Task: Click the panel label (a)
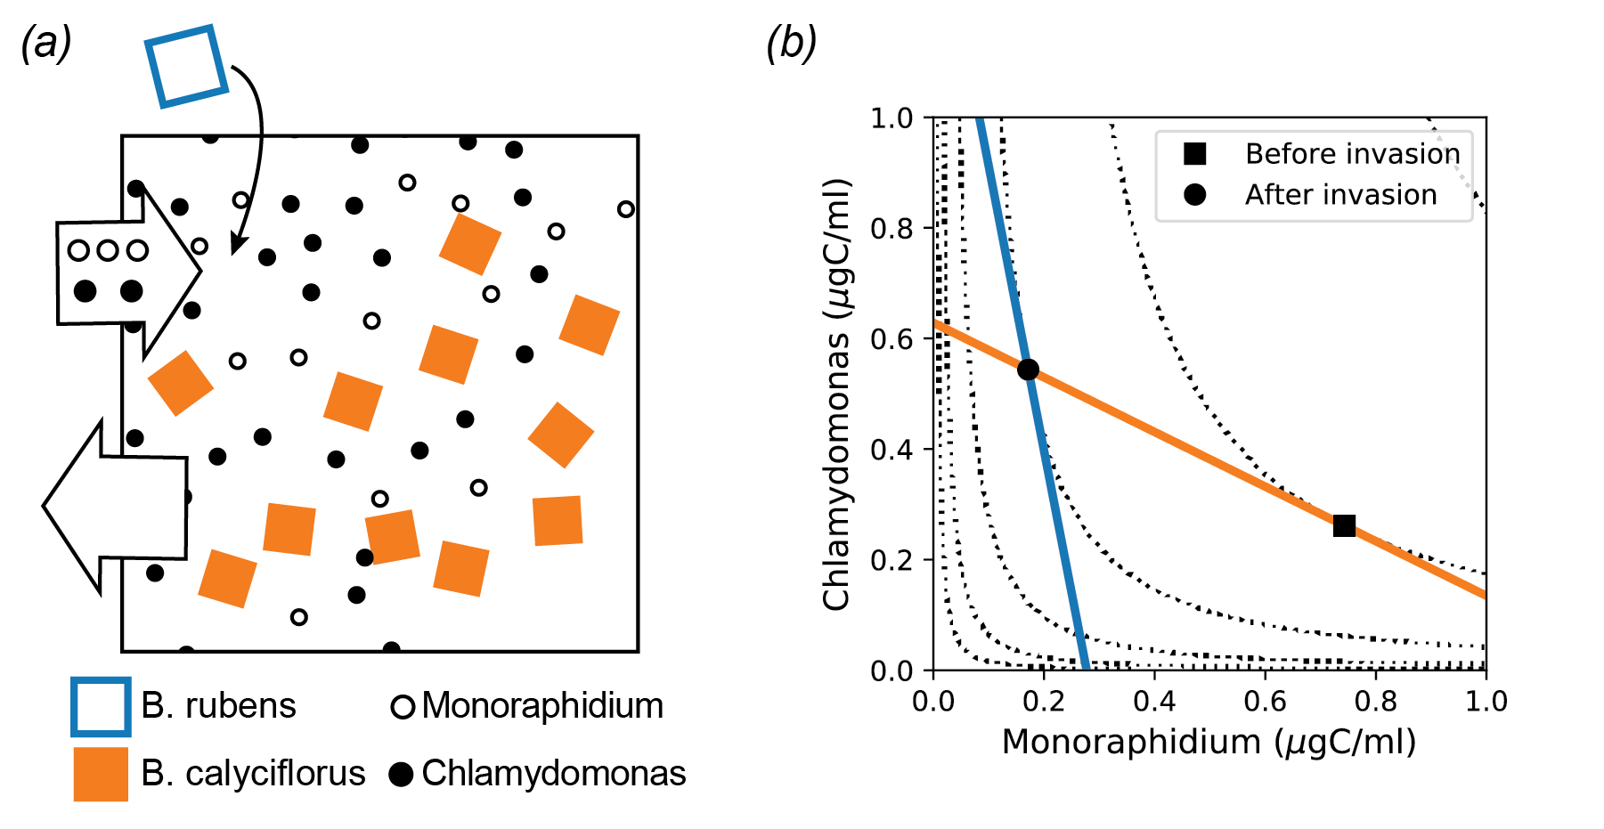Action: [x=46, y=43]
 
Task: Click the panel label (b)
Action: [x=791, y=43]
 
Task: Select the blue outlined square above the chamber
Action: [x=186, y=67]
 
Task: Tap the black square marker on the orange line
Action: [x=1344, y=526]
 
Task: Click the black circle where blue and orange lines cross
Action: [x=1028, y=370]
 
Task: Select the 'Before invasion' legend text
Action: [x=1352, y=154]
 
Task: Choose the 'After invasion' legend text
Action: [x=1340, y=195]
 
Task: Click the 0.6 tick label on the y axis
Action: [x=892, y=339]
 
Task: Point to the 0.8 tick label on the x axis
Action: [x=1375, y=702]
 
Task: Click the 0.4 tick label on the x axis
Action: [x=1154, y=702]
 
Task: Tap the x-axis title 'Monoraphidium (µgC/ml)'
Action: [x=1209, y=742]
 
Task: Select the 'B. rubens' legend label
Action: [x=218, y=706]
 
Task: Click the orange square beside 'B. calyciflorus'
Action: [x=101, y=774]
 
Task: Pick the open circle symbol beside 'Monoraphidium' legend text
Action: [x=403, y=707]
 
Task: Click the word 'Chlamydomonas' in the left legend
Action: [x=553, y=774]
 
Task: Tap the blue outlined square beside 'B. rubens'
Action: [x=101, y=707]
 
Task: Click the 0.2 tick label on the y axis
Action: [x=892, y=560]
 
